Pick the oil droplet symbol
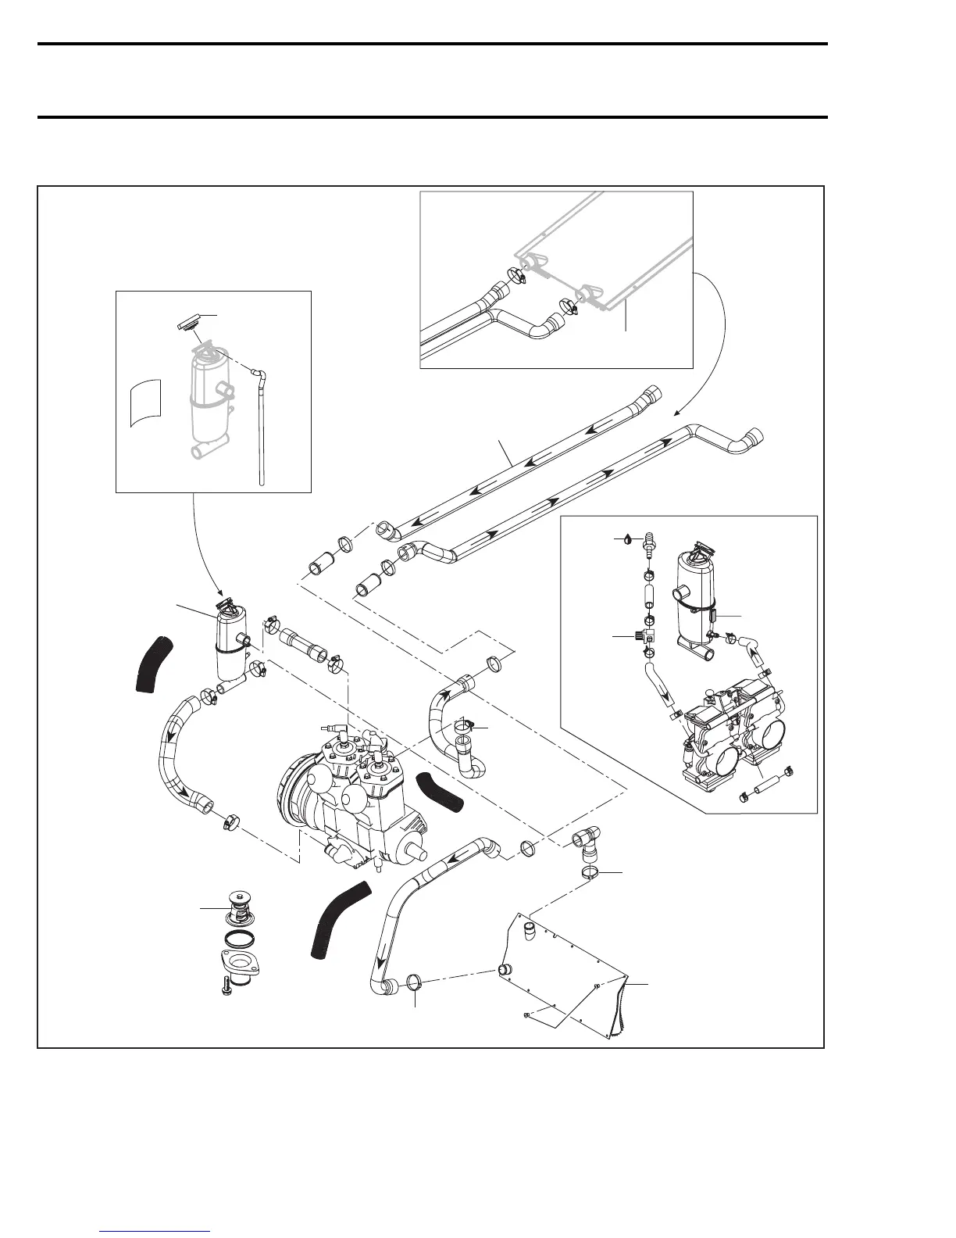coord(626,538)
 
